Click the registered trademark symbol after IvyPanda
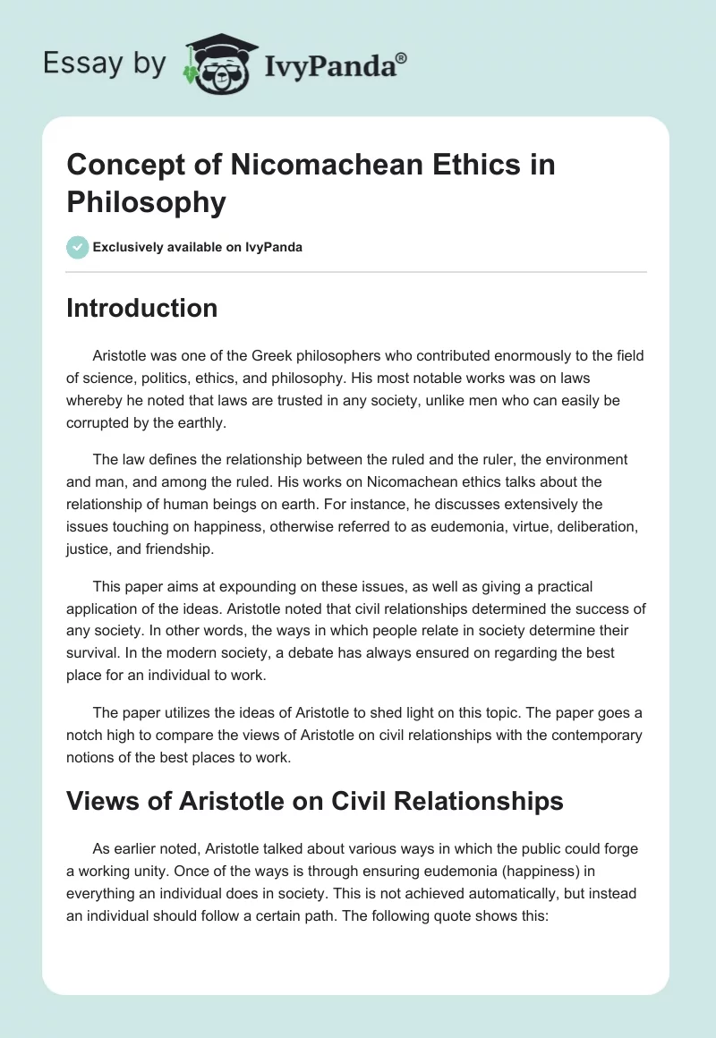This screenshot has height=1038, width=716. coord(402,57)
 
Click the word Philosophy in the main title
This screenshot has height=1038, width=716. coord(147,203)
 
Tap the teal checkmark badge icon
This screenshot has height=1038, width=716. coord(77,247)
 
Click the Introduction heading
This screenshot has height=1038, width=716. coord(142,308)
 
